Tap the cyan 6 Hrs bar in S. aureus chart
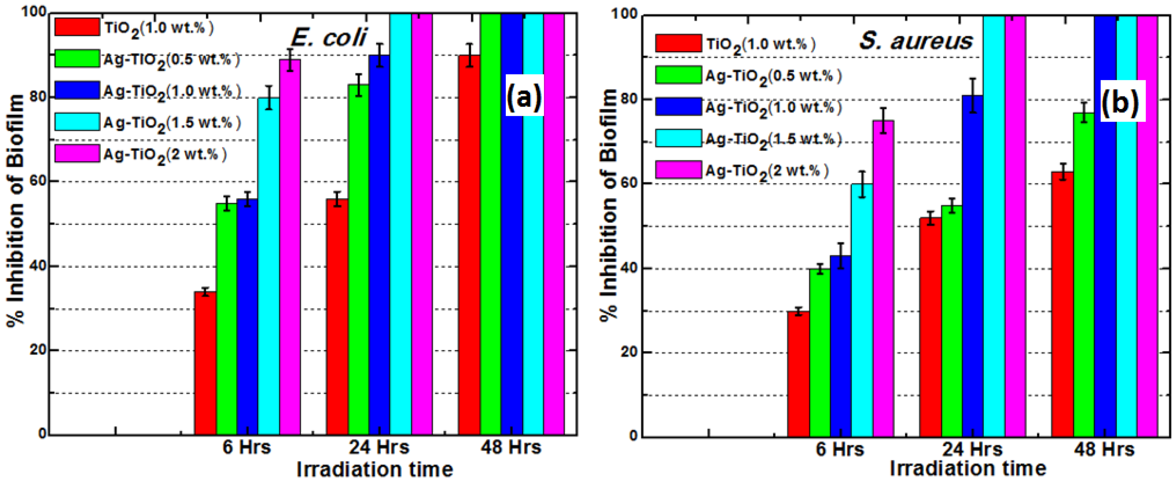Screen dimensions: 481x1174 (862, 310)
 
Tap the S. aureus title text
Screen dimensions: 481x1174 (916, 41)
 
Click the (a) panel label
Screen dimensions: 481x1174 (525, 96)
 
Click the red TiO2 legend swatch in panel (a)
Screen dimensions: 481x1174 (76, 27)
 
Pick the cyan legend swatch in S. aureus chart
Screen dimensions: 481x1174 (678, 138)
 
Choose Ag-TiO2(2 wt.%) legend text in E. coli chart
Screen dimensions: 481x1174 (165, 155)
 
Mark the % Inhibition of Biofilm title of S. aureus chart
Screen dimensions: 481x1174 (609, 205)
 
